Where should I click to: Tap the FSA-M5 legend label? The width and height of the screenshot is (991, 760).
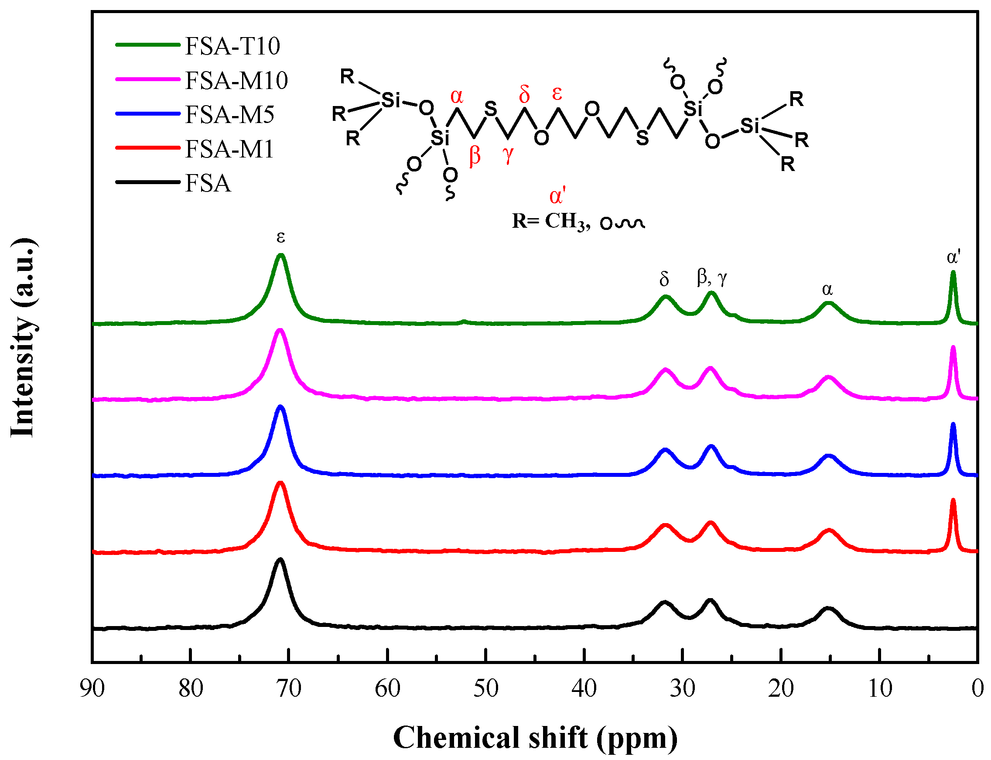229,115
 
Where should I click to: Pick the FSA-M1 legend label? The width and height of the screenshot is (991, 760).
229,149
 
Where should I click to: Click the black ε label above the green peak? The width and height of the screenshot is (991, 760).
280,236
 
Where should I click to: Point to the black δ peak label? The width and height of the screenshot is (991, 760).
664,280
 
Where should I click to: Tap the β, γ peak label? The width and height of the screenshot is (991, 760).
711,277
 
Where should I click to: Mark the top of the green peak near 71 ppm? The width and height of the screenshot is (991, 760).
280,256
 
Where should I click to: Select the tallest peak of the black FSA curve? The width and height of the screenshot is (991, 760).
280,560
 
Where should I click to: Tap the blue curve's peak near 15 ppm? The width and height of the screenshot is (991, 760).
829,456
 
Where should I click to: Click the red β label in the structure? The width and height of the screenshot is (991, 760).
475,156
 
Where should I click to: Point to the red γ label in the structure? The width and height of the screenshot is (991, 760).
508,154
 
